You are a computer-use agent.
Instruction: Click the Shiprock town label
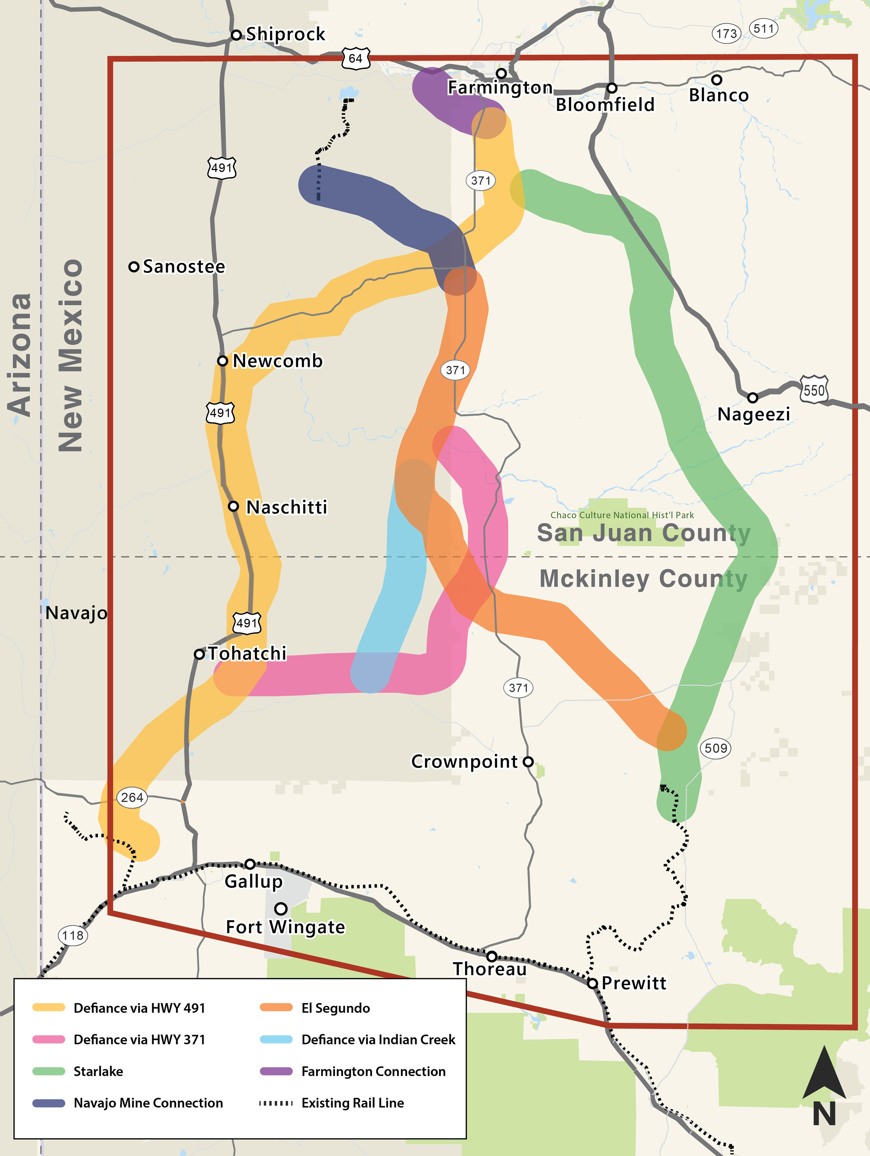point(285,34)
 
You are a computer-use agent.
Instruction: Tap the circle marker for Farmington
point(501,73)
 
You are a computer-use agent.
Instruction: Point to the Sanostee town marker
point(134,266)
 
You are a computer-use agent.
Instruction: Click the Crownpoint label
point(464,762)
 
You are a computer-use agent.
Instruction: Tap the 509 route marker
point(715,748)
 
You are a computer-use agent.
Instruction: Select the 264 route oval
point(132,797)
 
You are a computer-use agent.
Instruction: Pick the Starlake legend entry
point(98,1071)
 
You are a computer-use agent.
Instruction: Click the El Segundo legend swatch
point(276,1008)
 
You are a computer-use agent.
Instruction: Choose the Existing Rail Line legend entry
point(352,1103)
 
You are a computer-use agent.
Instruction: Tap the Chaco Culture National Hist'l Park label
point(622,515)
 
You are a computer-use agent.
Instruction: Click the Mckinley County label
point(643,579)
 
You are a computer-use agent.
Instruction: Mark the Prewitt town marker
point(592,983)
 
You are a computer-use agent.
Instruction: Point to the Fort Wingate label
point(285,927)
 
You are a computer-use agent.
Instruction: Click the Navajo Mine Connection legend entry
point(148,1103)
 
